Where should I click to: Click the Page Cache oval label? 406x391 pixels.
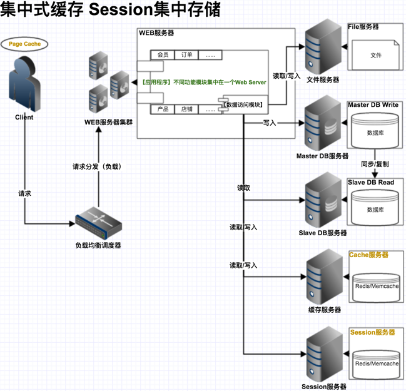coord(24,44)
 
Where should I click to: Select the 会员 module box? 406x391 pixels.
coord(163,55)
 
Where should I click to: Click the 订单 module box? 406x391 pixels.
coord(186,55)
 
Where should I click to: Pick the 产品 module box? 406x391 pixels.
coord(163,109)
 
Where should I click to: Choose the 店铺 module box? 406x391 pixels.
coord(186,109)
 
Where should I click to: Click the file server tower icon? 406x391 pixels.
coord(322,47)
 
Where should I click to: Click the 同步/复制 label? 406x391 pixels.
coord(375,164)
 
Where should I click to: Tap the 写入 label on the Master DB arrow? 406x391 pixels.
coord(270,123)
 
